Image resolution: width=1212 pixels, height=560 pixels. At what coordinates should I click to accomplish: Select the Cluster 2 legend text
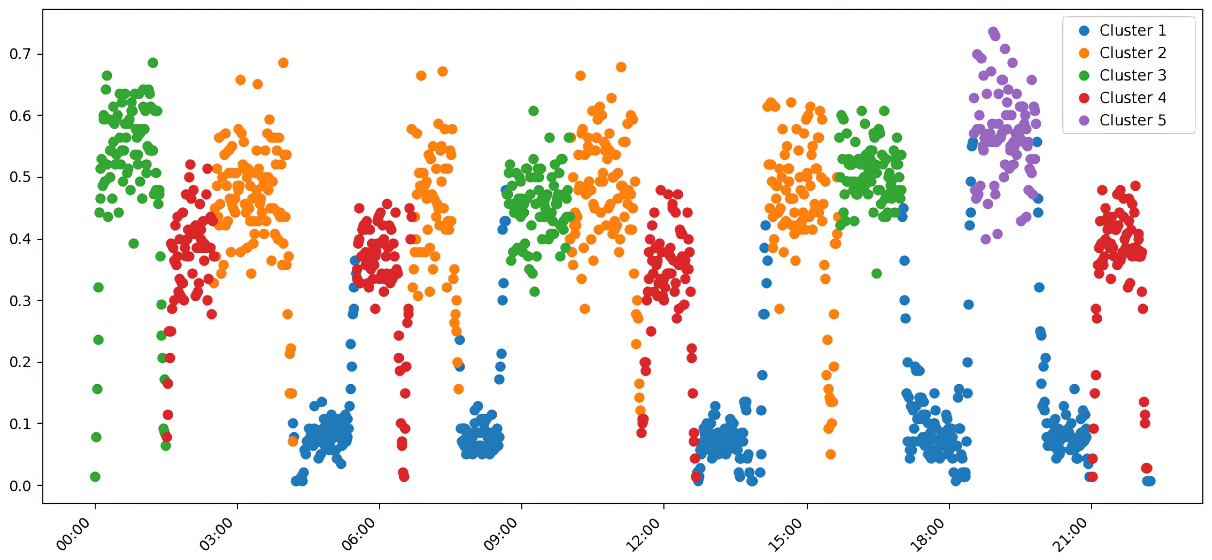click(1132, 53)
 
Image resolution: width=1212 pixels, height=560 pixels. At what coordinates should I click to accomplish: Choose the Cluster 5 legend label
click(1132, 120)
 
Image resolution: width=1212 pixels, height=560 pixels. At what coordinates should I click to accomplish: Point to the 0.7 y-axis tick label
click(20, 54)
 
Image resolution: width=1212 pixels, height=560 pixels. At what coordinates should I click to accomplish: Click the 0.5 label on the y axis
click(20, 177)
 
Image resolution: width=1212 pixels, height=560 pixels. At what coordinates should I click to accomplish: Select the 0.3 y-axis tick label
click(20, 301)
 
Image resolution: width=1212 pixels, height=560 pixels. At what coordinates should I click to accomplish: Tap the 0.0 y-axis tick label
click(20, 486)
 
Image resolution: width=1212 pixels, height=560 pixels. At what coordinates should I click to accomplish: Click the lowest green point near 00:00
click(95, 477)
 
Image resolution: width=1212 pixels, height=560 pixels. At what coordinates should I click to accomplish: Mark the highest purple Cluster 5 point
click(993, 32)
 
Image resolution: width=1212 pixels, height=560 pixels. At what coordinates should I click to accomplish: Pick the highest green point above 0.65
click(153, 63)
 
